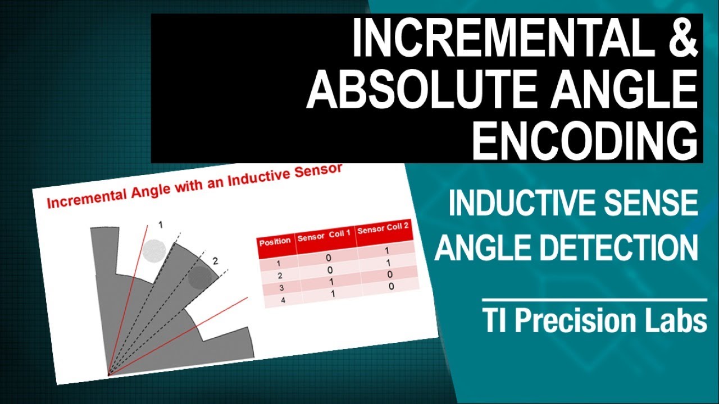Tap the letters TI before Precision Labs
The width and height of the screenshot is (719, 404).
pos(496,322)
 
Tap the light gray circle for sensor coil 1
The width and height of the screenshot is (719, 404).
pos(153,249)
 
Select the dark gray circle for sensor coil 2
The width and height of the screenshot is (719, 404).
pos(200,276)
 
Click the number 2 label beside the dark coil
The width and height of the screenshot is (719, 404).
pos(215,260)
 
